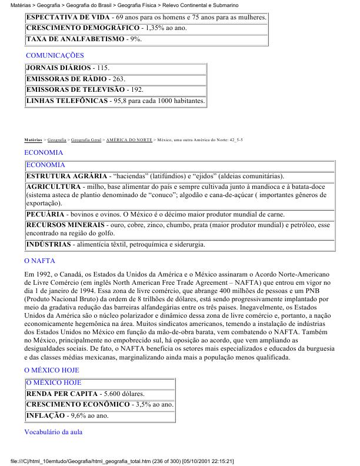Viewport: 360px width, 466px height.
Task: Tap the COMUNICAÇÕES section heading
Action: click(x=55, y=55)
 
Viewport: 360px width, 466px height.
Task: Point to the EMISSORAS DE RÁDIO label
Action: click(x=66, y=79)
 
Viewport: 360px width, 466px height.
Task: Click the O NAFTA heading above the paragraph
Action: click(x=39, y=260)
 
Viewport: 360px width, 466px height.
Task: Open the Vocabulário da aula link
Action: click(x=54, y=432)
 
